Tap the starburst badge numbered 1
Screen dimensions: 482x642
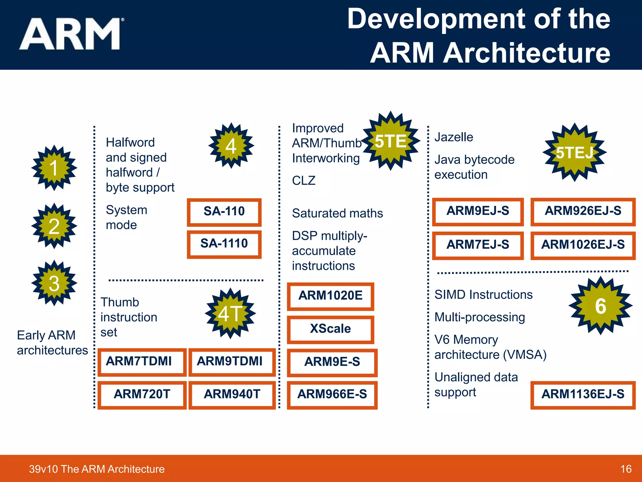click(x=54, y=168)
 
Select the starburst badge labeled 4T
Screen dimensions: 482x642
click(x=230, y=313)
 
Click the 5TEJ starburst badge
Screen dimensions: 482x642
click(x=574, y=153)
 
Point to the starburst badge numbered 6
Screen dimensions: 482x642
click(x=600, y=306)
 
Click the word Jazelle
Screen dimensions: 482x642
click(x=454, y=137)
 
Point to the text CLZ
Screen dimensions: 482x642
click(x=303, y=181)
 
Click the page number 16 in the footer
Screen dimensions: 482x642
click(x=626, y=469)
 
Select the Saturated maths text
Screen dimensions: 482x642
click(x=337, y=213)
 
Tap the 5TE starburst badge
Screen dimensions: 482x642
click(x=390, y=141)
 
